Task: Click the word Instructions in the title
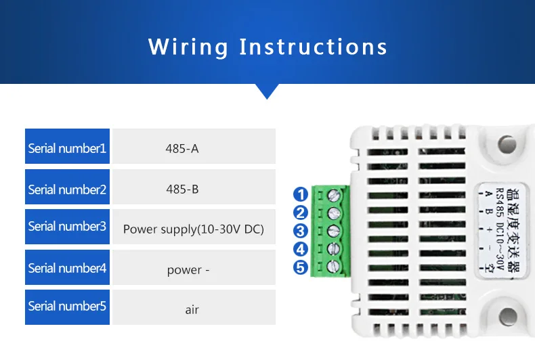(x=313, y=47)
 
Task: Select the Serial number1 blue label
(x=68, y=148)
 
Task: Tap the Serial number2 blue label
(x=68, y=189)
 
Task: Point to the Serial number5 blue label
(x=68, y=306)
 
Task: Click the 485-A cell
(x=194, y=148)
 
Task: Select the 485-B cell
(x=194, y=189)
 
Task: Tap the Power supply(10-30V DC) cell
(x=194, y=229)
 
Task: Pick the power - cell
(x=194, y=269)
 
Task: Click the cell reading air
(x=194, y=308)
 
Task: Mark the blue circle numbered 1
(x=301, y=195)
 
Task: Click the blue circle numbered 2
(x=301, y=213)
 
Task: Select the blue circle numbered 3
(x=301, y=231)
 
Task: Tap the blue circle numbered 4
(x=301, y=250)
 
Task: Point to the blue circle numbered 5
(x=301, y=268)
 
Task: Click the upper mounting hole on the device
(x=507, y=144)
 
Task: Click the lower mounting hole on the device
(x=507, y=316)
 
